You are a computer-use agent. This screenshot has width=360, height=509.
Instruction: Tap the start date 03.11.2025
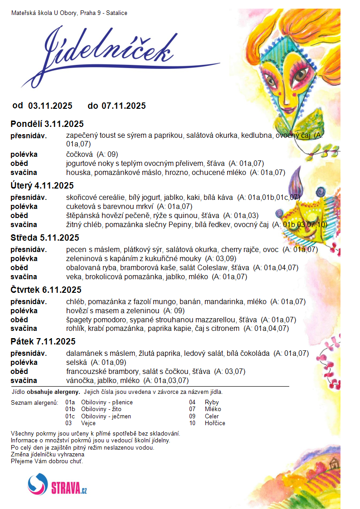click(50, 106)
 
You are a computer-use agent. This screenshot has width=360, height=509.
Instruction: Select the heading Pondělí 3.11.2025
click(47, 124)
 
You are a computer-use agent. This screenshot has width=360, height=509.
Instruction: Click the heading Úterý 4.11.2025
click(42, 185)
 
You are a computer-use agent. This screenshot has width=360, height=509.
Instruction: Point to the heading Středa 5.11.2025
click(45, 238)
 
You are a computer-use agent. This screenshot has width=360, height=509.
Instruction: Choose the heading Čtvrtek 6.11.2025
click(46, 290)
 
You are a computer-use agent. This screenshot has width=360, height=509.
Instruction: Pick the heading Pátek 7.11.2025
click(43, 342)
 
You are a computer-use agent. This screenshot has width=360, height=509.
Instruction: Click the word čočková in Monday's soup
click(79, 155)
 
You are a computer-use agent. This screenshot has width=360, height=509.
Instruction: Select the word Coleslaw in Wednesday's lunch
click(214, 268)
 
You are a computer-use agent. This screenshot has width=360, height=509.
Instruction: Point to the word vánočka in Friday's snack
click(79, 381)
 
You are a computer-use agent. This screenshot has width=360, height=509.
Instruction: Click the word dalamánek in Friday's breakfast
click(84, 354)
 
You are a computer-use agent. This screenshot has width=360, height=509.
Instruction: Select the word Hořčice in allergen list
click(215, 423)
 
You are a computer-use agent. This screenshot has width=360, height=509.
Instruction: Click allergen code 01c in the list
click(70, 416)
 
